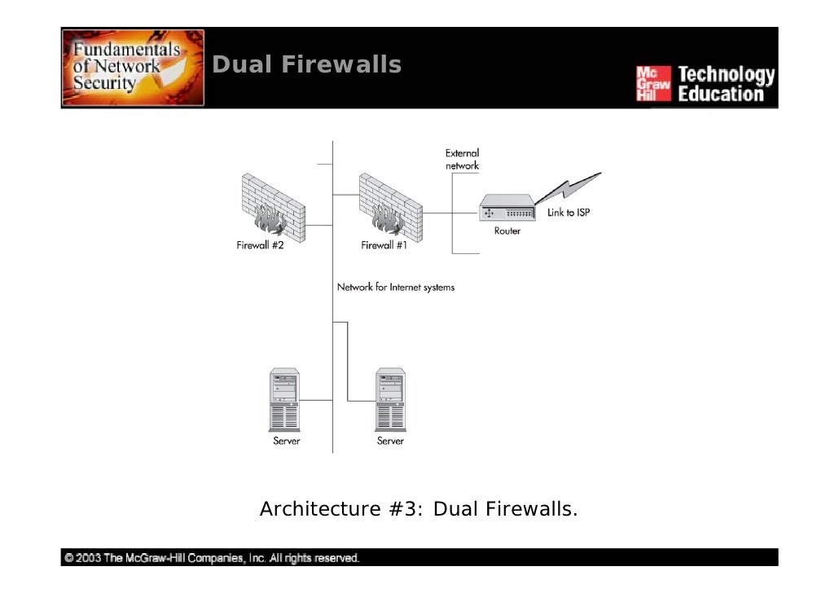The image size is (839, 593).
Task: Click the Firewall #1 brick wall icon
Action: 391,207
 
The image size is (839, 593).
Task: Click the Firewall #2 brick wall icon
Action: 274,207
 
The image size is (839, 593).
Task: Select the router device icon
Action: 507,207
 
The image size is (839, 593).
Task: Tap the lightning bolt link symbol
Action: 569,188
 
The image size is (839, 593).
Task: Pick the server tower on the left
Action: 284,399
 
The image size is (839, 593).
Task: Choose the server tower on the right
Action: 390,399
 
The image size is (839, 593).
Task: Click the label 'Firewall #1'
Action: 384,245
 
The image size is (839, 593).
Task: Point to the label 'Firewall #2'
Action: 260,245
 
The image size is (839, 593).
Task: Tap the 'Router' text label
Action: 507,231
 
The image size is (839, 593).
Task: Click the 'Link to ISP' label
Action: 569,213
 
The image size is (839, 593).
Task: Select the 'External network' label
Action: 463,160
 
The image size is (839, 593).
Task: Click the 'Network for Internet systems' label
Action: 395,288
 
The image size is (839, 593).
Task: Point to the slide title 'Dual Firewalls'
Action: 306,64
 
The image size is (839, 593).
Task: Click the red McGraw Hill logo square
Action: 653,83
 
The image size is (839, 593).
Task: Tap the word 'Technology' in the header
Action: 726,75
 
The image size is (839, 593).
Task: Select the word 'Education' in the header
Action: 721,94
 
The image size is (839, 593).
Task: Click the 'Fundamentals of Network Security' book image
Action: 133,68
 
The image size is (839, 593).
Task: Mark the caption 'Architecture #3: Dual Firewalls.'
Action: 419,508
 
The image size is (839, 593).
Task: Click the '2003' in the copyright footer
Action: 88,558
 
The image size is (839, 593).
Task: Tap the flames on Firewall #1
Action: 388,219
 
